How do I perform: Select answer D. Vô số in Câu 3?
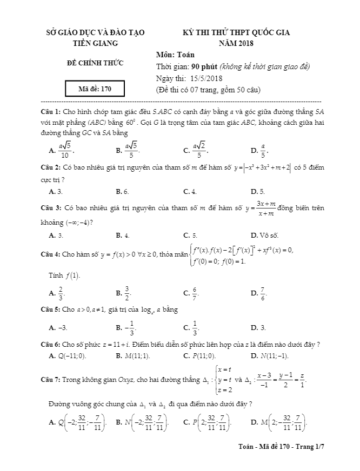pos(264,235)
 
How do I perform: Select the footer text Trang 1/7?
pos(315,447)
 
